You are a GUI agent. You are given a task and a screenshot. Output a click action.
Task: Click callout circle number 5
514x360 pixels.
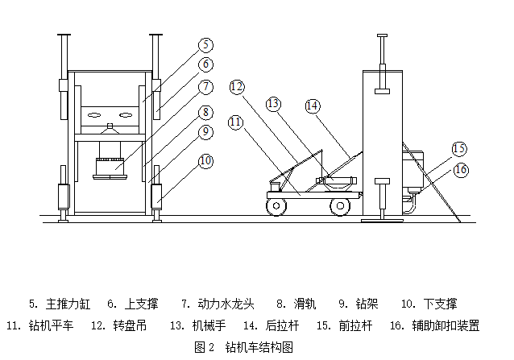point(206,45)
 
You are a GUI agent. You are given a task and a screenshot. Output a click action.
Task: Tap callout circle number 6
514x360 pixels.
point(206,64)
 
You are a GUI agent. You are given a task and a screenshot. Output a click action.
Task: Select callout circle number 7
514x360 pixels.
point(206,87)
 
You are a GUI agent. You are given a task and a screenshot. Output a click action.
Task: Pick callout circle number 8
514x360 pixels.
point(206,113)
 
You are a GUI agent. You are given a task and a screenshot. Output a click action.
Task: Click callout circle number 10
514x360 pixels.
point(206,161)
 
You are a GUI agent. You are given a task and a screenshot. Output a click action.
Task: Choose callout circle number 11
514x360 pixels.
point(235,122)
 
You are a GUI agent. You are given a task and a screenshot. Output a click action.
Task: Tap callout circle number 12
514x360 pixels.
point(236,85)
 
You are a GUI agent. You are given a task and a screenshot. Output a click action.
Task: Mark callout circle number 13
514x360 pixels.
point(274,103)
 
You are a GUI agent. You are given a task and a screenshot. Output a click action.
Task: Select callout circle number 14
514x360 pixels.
point(312,106)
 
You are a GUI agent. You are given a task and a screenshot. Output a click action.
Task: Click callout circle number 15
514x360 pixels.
point(458,148)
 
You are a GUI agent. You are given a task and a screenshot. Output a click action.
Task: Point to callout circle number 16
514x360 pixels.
point(461,169)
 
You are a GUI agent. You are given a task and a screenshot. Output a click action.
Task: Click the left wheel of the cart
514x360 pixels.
point(276,207)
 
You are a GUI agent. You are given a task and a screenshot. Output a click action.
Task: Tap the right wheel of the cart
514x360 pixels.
point(342,207)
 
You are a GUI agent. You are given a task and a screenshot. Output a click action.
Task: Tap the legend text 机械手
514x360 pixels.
point(208,326)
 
